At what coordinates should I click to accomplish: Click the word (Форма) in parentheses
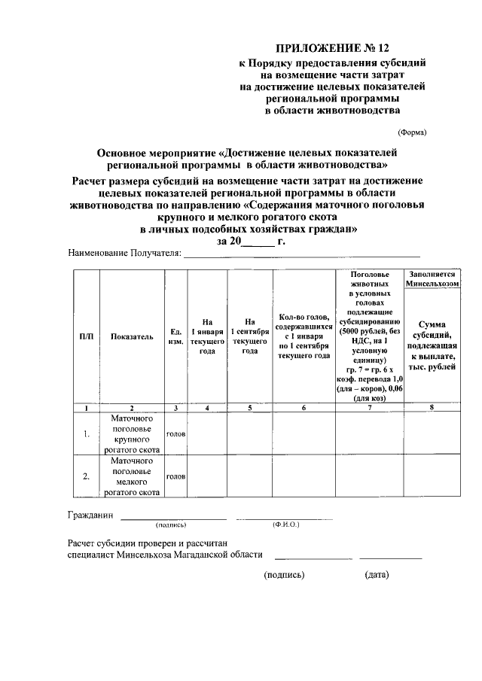[x=412, y=132]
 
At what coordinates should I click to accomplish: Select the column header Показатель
[x=132, y=336]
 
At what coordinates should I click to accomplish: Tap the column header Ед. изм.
[x=175, y=336]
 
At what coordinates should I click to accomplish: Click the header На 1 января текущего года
[x=207, y=336]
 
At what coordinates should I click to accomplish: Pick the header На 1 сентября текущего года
[x=250, y=336]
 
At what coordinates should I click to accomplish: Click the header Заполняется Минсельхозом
[x=433, y=279]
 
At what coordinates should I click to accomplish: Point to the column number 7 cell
[x=369, y=407]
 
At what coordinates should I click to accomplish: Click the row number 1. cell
[x=87, y=433]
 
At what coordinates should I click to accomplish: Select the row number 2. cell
[x=87, y=476]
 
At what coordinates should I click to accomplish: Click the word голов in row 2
[x=175, y=476]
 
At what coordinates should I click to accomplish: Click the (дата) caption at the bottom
[x=377, y=575]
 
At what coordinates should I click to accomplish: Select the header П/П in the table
[x=87, y=336]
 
